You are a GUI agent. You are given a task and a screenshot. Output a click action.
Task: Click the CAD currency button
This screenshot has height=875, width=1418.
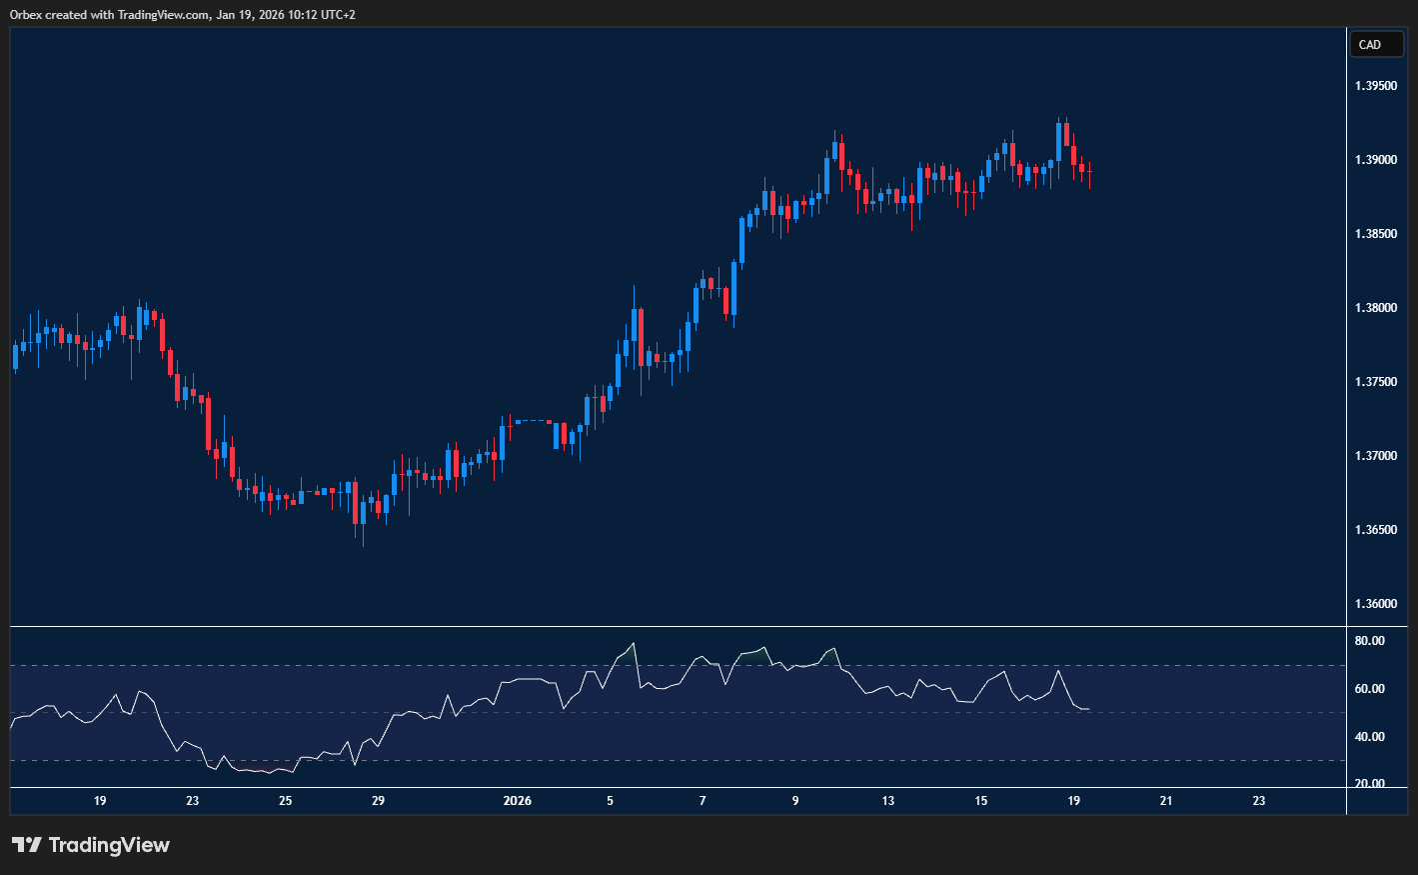click(x=1376, y=44)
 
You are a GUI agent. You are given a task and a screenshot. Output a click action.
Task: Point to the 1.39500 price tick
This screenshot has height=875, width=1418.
click(x=1376, y=86)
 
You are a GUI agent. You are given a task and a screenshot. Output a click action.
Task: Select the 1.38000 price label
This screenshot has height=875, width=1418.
click(x=1376, y=308)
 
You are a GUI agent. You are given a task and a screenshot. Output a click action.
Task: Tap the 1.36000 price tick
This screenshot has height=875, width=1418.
click(x=1376, y=604)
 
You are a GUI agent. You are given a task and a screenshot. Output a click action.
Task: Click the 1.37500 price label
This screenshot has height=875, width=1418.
click(x=1376, y=382)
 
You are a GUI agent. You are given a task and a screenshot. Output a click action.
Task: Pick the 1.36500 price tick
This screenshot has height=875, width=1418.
click(x=1376, y=530)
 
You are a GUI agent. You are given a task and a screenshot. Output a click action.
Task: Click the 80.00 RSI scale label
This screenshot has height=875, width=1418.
click(x=1369, y=641)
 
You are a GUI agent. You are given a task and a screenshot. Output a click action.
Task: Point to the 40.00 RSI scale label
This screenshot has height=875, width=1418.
click(x=1369, y=737)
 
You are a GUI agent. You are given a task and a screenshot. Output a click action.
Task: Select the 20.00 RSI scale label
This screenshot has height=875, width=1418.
click(x=1369, y=784)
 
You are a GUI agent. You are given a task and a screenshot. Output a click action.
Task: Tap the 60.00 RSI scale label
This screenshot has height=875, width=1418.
click(x=1369, y=689)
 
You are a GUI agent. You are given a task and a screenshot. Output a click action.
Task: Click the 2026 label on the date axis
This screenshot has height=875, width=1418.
click(x=517, y=801)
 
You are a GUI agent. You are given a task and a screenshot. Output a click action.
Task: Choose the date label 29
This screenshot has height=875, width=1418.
click(x=378, y=801)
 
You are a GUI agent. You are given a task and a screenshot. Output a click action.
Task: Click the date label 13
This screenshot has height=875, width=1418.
click(x=887, y=801)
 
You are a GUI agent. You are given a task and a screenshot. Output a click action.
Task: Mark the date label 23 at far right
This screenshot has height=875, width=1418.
click(x=1259, y=801)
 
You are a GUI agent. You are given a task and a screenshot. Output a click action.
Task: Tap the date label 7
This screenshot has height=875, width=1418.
click(x=703, y=801)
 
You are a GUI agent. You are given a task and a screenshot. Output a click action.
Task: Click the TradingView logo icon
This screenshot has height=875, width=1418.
click(x=27, y=845)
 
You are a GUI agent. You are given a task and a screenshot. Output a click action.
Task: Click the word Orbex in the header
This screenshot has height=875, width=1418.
click(x=26, y=15)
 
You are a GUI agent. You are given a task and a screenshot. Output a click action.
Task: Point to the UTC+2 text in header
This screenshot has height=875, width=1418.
click(x=335, y=15)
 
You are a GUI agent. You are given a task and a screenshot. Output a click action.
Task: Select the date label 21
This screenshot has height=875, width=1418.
click(x=1166, y=801)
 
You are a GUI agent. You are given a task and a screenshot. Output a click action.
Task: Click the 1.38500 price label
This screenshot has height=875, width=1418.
click(x=1376, y=234)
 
